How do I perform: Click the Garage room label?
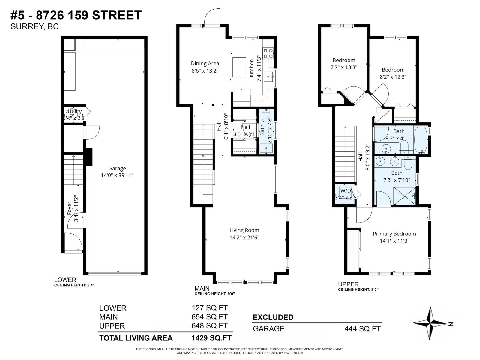click(117, 169)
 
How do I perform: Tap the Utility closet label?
click(75, 111)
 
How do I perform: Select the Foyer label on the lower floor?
click(70, 208)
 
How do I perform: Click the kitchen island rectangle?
click(239, 67)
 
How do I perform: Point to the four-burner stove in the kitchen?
click(268, 53)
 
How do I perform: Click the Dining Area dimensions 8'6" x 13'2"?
click(205, 71)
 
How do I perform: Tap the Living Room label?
click(244, 230)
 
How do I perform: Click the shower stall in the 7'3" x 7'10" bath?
click(404, 196)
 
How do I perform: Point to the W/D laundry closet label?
click(346, 191)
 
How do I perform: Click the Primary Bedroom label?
click(394, 234)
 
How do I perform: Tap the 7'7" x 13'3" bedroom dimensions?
click(343, 67)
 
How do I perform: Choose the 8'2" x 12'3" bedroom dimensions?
click(393, 77)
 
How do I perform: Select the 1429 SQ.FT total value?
click(211, 338)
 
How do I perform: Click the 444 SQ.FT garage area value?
click(362, 329)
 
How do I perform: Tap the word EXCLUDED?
click(273, 317)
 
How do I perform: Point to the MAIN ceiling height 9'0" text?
click(214, 294)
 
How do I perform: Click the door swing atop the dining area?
click(212, 17)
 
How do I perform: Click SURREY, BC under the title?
click(34, 27)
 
